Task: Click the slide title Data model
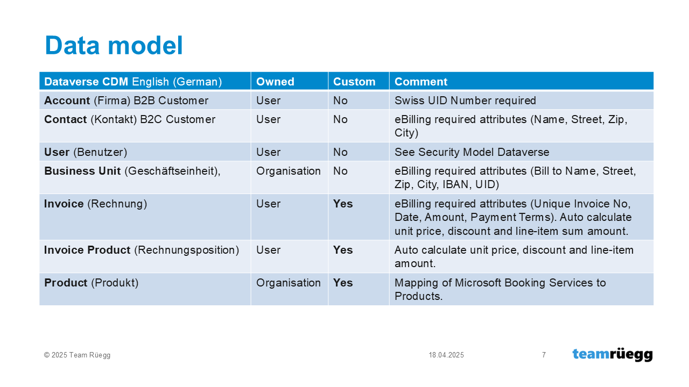tap(114, 46)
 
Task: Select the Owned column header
tap(275, 82)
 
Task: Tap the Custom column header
tap(354, 82)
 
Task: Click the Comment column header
tap(421, 82)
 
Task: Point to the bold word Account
tap(67, 101)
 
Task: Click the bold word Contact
tap(66, 119)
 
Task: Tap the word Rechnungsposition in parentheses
tap(187, 250)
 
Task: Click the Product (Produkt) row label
tap(92, 283)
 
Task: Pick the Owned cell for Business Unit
tap(289, 171)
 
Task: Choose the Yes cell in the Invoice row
tap(343, 204)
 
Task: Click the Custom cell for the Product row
tap(343, 283)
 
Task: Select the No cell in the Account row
tap(340, 101)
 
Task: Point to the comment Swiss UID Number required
tap(465, 101)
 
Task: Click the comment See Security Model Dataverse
tap(472, 152)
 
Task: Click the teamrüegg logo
tap(613, 355)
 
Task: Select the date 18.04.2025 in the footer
tap(446, 355)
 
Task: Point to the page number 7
tap(544, 355)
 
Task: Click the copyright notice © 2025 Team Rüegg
tap(77, 355)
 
